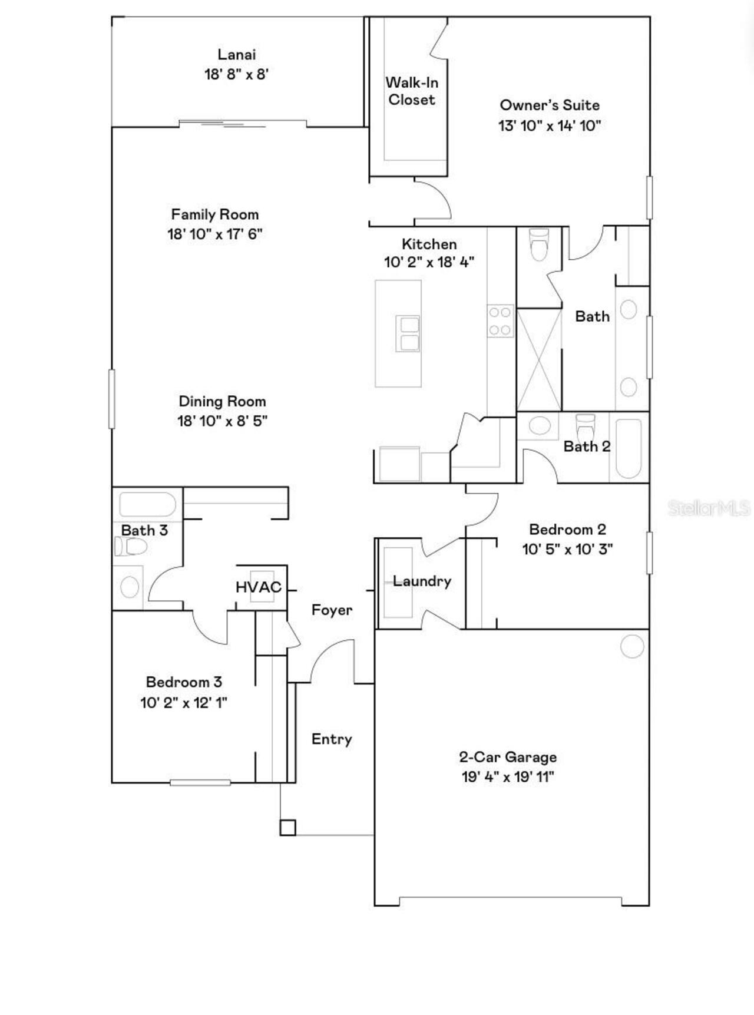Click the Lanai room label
pos(237,55)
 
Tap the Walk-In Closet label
pos(412,91)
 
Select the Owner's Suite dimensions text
pos(550,125)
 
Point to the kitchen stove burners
pos(500,321)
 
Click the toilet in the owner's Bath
pos(539,244)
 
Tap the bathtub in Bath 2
pos(628,448)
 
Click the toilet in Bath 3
pos(130,547)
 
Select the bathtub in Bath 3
pos(148,504)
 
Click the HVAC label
pos(259,587)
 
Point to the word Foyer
pos(332,610)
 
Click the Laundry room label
pos(422,581)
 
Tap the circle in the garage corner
pos(632,646)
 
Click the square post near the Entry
pos(287,828)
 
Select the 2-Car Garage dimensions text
pos(508,777)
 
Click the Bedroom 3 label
pos(184,682)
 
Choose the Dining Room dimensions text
pos(222,421)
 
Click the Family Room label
pos(214,214)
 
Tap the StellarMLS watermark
pos(709,508)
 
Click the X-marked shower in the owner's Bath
pos(539,359)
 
